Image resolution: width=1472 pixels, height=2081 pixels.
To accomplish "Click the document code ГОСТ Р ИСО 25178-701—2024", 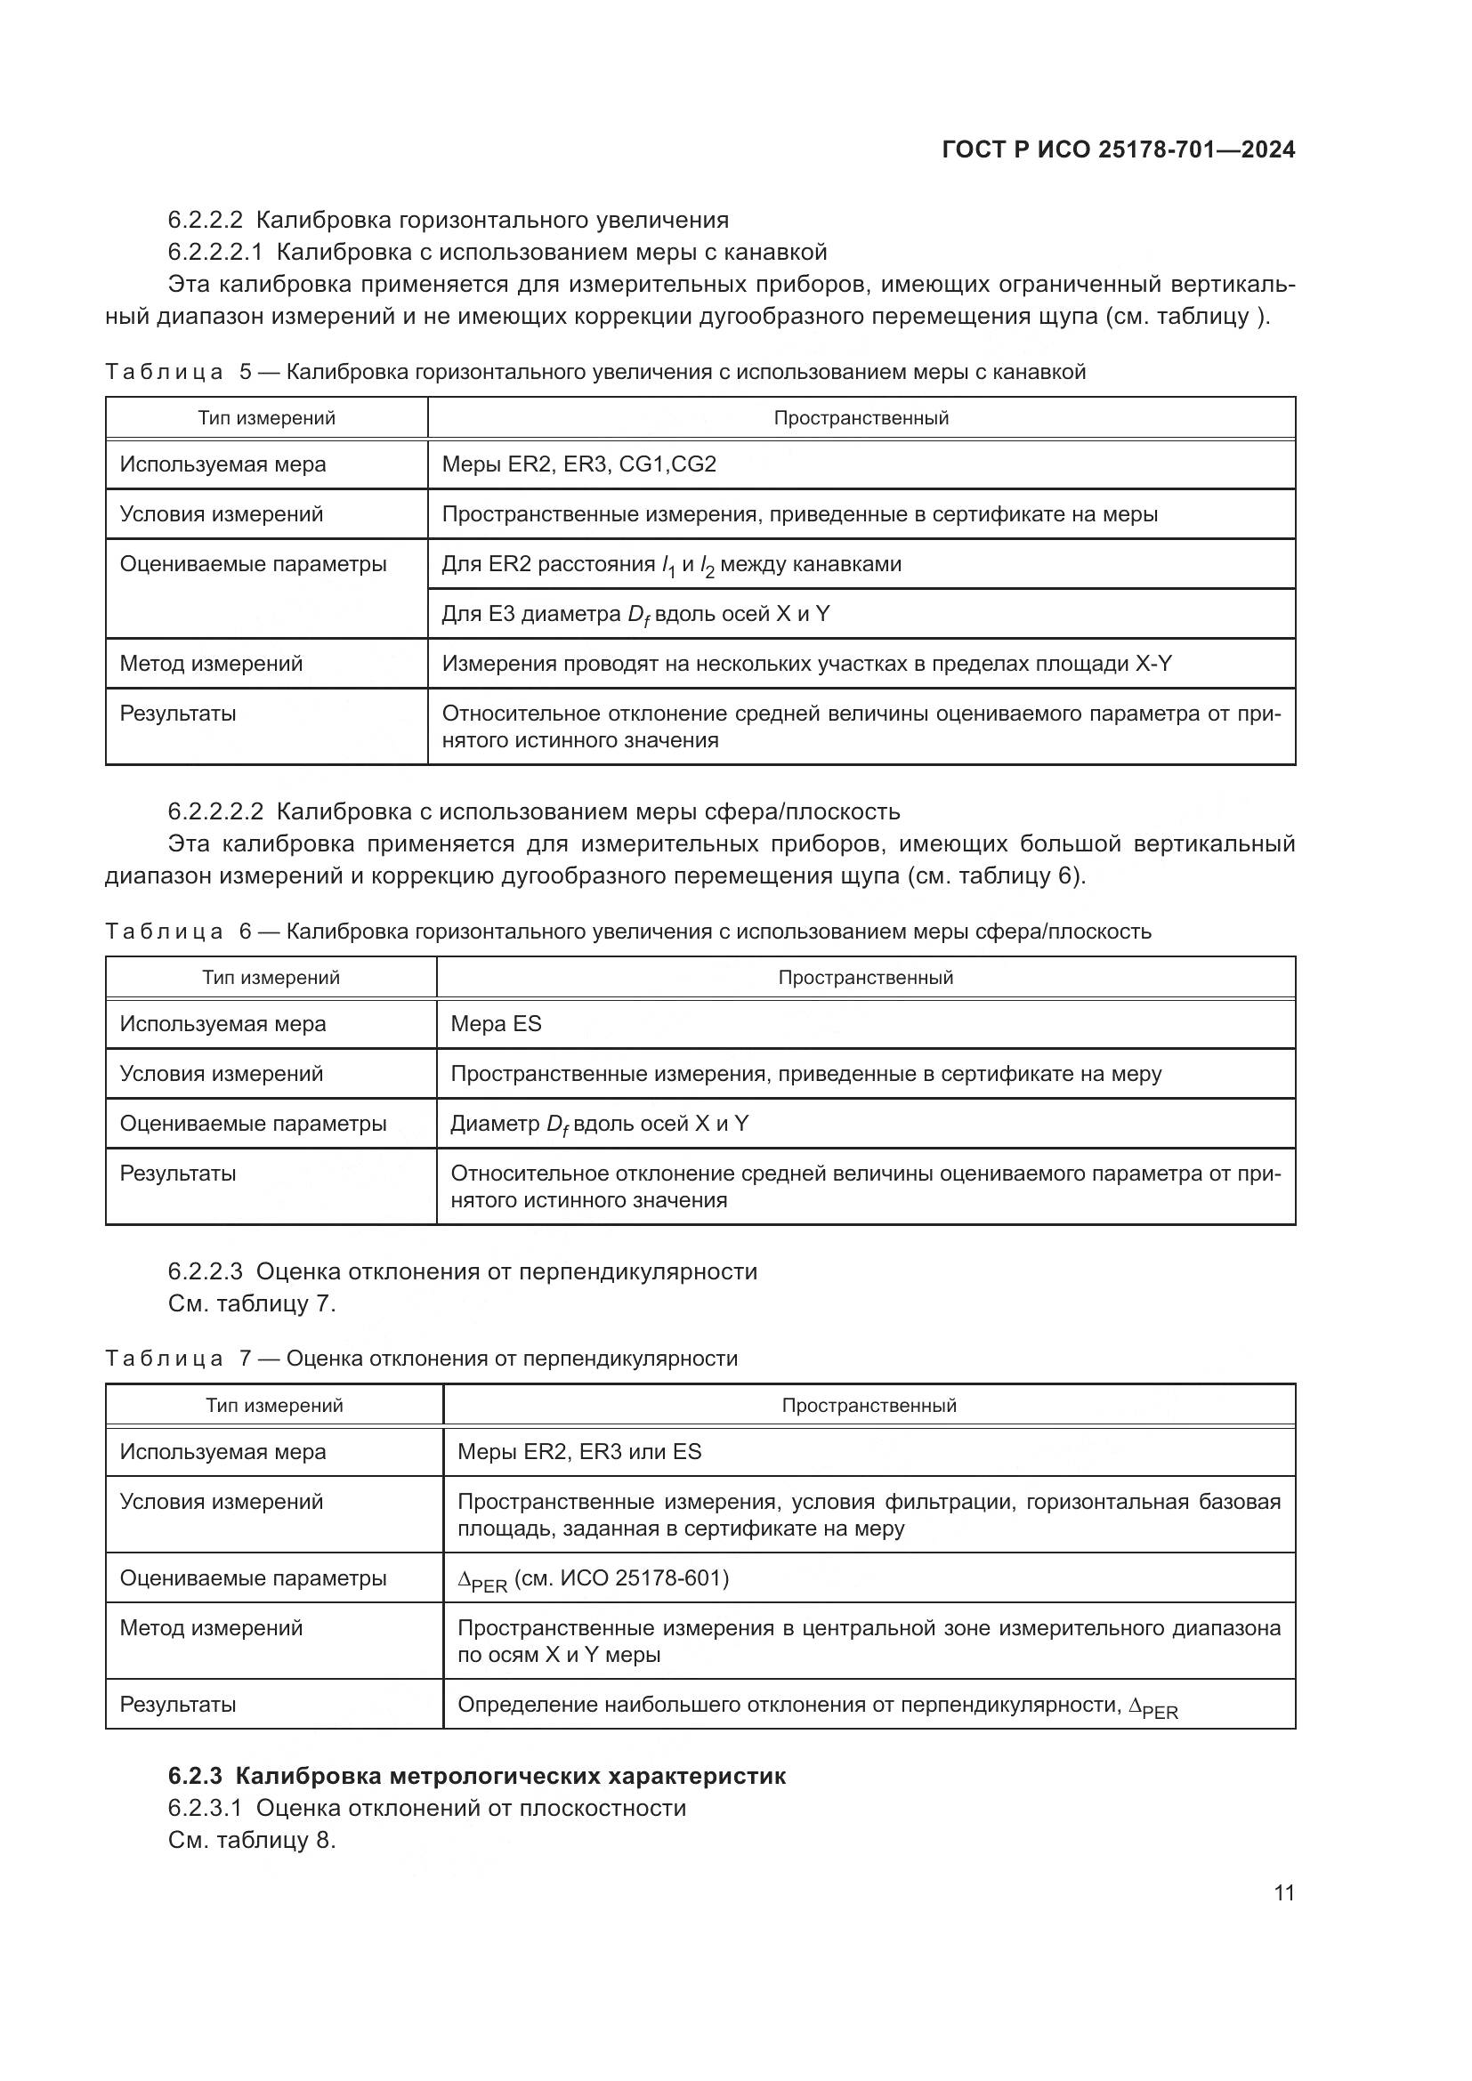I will (1118, 150).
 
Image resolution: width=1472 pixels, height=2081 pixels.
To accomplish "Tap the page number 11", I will (1283, 1892).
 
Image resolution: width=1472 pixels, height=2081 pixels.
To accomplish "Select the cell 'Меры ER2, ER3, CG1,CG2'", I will (578, 465).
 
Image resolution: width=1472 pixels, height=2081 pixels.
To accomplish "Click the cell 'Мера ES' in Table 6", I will (496, 1024).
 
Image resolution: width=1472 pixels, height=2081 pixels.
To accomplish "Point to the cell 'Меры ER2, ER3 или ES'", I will (579, 1452).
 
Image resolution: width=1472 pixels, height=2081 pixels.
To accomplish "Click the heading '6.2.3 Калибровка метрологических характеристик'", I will (477, 1776).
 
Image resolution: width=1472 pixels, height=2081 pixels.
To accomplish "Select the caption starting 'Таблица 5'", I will (594, 372).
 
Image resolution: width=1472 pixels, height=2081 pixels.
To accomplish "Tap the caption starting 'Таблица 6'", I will (627, 932).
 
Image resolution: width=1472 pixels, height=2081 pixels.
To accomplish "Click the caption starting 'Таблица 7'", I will (422, 1359).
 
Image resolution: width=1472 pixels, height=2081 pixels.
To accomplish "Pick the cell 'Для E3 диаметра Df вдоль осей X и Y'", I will (635, 615).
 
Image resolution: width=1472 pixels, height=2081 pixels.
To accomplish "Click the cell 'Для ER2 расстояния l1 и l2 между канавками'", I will (671, 565).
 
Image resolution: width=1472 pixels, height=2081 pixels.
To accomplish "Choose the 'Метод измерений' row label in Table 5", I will (211, 664).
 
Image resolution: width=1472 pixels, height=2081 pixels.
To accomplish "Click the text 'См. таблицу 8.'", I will (252, 1841).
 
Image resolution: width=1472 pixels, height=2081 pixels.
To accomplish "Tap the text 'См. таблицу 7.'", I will (252, 1304).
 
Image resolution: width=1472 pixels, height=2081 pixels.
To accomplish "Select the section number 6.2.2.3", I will (205, 1271).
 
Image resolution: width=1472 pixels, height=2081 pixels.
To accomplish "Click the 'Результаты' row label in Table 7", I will (178, 1704).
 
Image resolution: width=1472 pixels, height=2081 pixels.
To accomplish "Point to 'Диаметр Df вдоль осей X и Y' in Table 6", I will (599, 1124).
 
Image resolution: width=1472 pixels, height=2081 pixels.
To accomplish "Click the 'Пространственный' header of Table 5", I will (861, 418).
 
